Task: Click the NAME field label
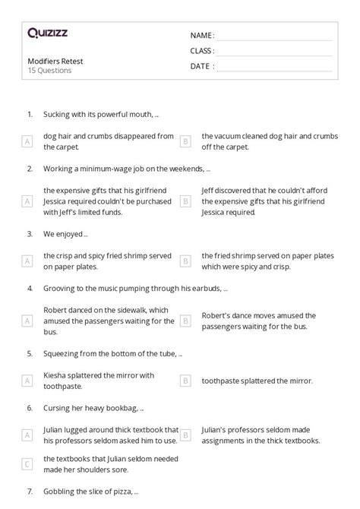pyautogui.click(x=202, y=35)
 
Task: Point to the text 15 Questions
pyautogui.click(x=49, y=71)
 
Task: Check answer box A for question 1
pyautogui.click(x=28, y=141)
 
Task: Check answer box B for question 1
pyautogui.click(x=185, y=141)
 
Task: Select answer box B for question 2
pyautogui.click(x=185, y=201)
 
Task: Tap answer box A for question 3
pyautogui.click(x=28, y=261)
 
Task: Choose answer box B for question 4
pyautogui.click(x=185, y=321)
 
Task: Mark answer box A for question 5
pyautogui.click(x=28, y=381)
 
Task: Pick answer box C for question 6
pyautogui.click(x=28, y=463)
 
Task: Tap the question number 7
pyautogui.click(x=30, y=492)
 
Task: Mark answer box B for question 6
pyautogui.click(x=185, y=435)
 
